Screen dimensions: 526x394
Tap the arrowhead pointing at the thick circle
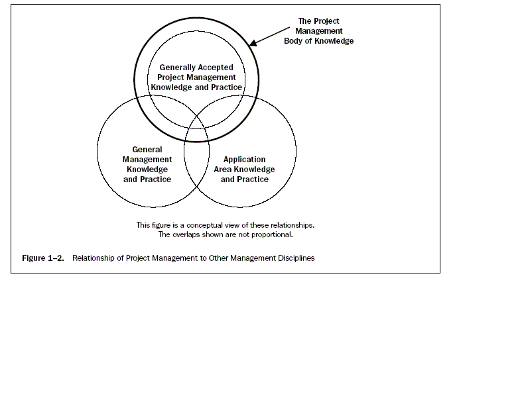253,43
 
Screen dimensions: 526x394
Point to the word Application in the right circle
245,160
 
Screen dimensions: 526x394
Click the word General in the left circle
147,150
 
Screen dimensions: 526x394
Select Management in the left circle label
147,160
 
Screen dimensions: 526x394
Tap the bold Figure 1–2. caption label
43,258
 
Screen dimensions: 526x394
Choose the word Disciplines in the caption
296,258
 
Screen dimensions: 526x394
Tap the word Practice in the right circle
253,179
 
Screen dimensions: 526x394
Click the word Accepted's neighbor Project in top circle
170,77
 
